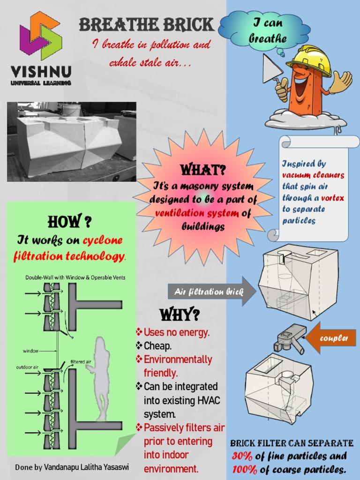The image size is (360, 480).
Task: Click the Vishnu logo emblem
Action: (40, 36)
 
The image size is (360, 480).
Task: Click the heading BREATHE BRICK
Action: (147, 24)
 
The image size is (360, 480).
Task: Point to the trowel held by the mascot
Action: (273, 69)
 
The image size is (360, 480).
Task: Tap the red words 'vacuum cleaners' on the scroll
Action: (313, 175)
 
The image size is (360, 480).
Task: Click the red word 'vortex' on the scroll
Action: (332, 198)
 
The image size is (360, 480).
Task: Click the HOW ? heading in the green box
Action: (69, 221)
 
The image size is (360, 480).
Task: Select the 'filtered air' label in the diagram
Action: (81, 362)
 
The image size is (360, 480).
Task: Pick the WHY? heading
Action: (180, 315)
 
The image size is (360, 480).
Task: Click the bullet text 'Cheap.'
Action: (157, 346)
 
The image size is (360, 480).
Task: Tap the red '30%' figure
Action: (242, 456)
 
